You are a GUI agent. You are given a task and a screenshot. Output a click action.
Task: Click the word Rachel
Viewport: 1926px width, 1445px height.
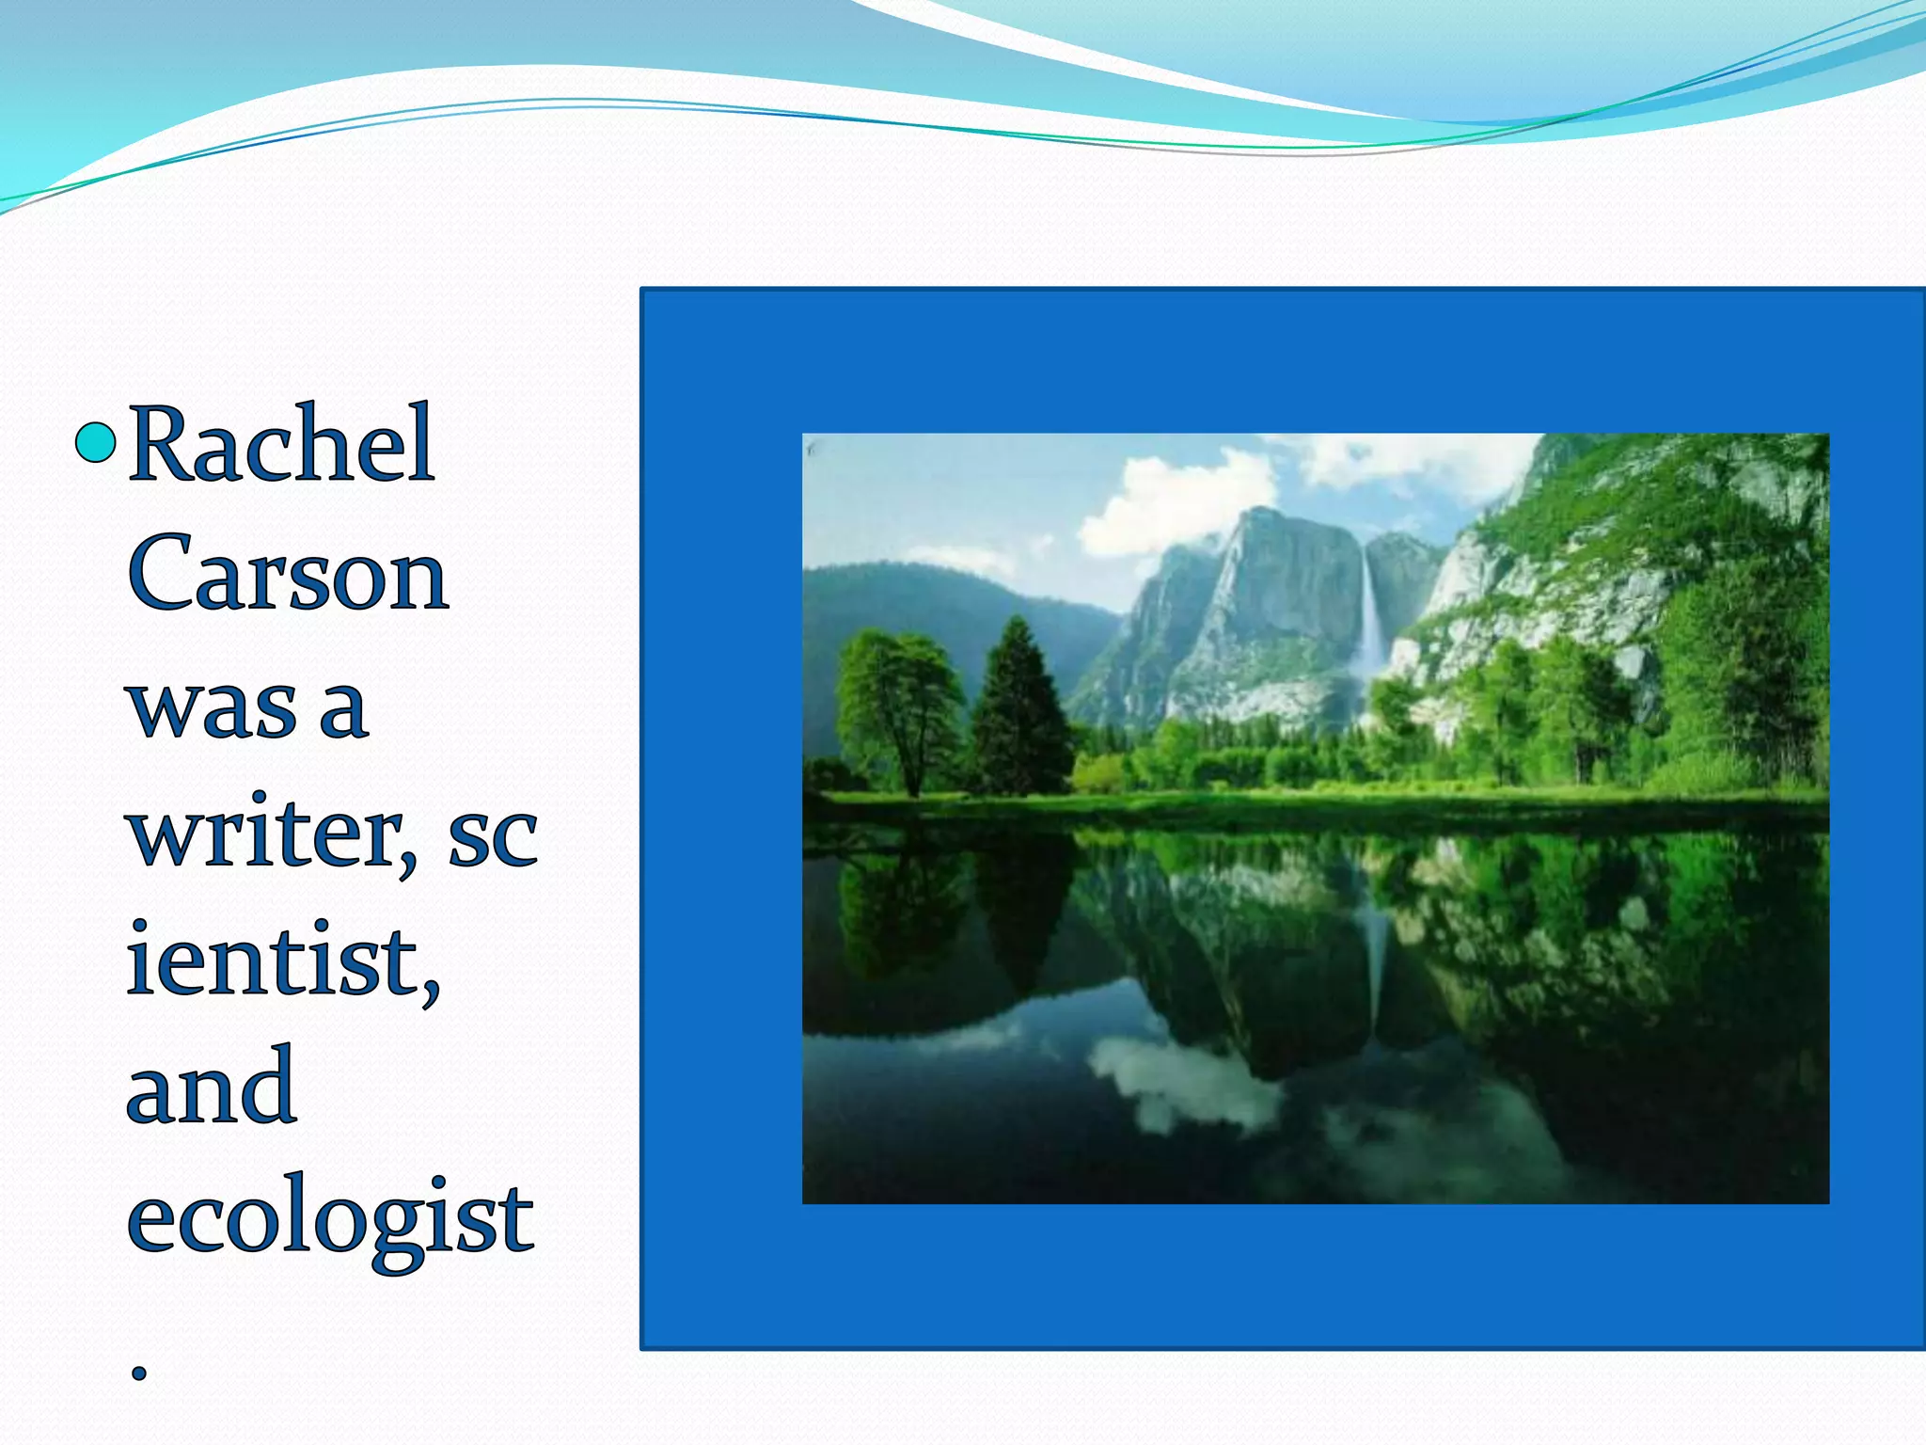coord(281,444)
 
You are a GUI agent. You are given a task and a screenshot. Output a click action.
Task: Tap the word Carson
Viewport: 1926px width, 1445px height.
coord(288,573)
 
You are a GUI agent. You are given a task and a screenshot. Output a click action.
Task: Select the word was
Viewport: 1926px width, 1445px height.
coord(213,707)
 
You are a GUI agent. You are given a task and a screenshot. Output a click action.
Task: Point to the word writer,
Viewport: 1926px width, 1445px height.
coord(273,835)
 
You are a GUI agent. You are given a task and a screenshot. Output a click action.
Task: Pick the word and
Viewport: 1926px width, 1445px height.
coord(212,1088)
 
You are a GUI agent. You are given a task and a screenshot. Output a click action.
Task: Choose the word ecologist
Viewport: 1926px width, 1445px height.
coord(330,1219)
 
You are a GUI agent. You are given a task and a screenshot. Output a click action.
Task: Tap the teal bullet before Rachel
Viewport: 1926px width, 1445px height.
coord(95,443)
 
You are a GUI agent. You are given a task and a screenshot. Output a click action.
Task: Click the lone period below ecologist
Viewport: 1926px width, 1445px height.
coord(139,1373)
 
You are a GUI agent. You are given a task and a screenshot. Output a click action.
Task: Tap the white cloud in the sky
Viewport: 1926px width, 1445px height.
coord(1176,503)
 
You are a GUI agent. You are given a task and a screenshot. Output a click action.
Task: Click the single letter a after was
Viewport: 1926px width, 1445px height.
coord(343,707)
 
